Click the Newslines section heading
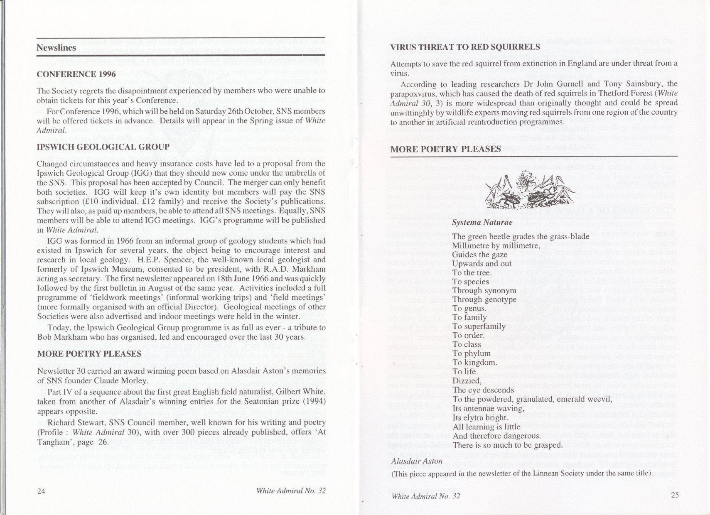click(x=56, y=47)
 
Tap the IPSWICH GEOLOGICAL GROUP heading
click(x=103, y=147)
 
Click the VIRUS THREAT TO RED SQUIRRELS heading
click(x=465, y=47)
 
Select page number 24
click(x=41, y=490)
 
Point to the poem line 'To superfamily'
click(x=479, y=326)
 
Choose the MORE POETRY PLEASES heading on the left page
click(x=89, y=354)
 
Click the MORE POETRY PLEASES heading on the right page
click(x=445, y=149)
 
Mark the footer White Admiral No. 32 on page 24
click(x=291, y=490)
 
